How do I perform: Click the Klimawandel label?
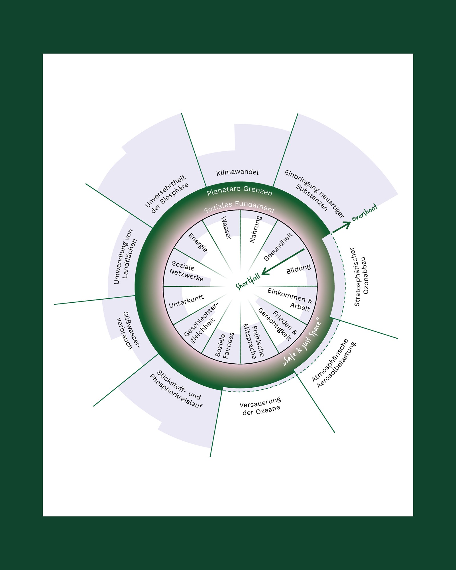237,172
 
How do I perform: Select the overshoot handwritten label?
365,213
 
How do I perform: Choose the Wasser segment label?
226,228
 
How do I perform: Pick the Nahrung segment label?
255,229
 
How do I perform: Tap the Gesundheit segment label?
278,247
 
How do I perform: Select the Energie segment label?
198,243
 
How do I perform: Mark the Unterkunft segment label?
186,301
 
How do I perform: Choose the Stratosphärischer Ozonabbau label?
361,277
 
